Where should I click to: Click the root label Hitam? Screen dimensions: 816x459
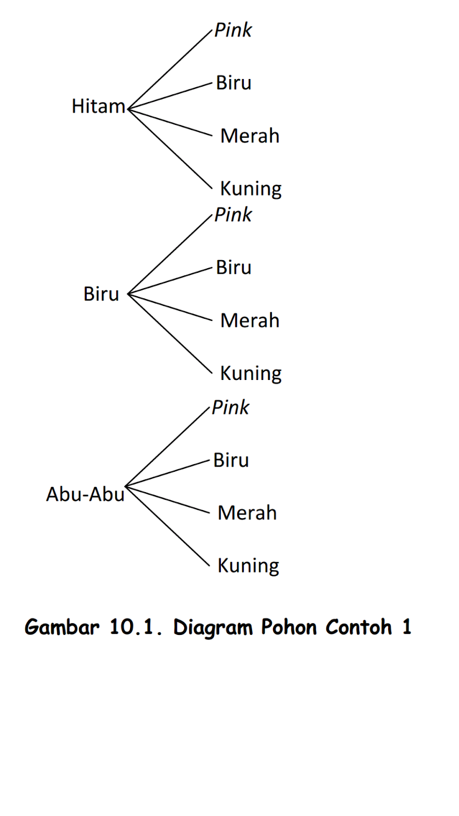(x=98, y=107)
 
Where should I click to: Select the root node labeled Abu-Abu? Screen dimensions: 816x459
(x=85, y=494)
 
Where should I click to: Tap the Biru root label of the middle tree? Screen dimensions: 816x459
(x=101, y=294)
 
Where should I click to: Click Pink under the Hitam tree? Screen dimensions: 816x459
(x=233, y=31)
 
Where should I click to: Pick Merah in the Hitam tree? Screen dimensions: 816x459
(x=250, y=136)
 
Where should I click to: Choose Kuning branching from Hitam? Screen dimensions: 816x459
(x=250, y=189)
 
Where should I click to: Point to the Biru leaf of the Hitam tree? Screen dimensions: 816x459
(x=234, y=83)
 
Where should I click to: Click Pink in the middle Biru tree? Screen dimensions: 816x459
(x=233, y=215)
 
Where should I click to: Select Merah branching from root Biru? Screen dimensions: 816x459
(x=250, y=321)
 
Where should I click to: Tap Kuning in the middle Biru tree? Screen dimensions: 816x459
(x=250, y=373)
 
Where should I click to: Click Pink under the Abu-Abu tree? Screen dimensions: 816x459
(x=231, y=408)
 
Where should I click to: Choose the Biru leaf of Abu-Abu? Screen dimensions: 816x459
(x=231, y=461)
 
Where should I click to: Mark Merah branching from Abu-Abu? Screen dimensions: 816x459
(x=247, y=513)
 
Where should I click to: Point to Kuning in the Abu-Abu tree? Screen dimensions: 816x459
(x=248, y=566)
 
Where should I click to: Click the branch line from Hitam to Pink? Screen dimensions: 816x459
(x=170, y=69)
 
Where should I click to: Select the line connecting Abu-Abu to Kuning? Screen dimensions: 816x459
(x=167, y=526)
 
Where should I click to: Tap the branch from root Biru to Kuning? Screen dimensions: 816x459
(x=170, y=334)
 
